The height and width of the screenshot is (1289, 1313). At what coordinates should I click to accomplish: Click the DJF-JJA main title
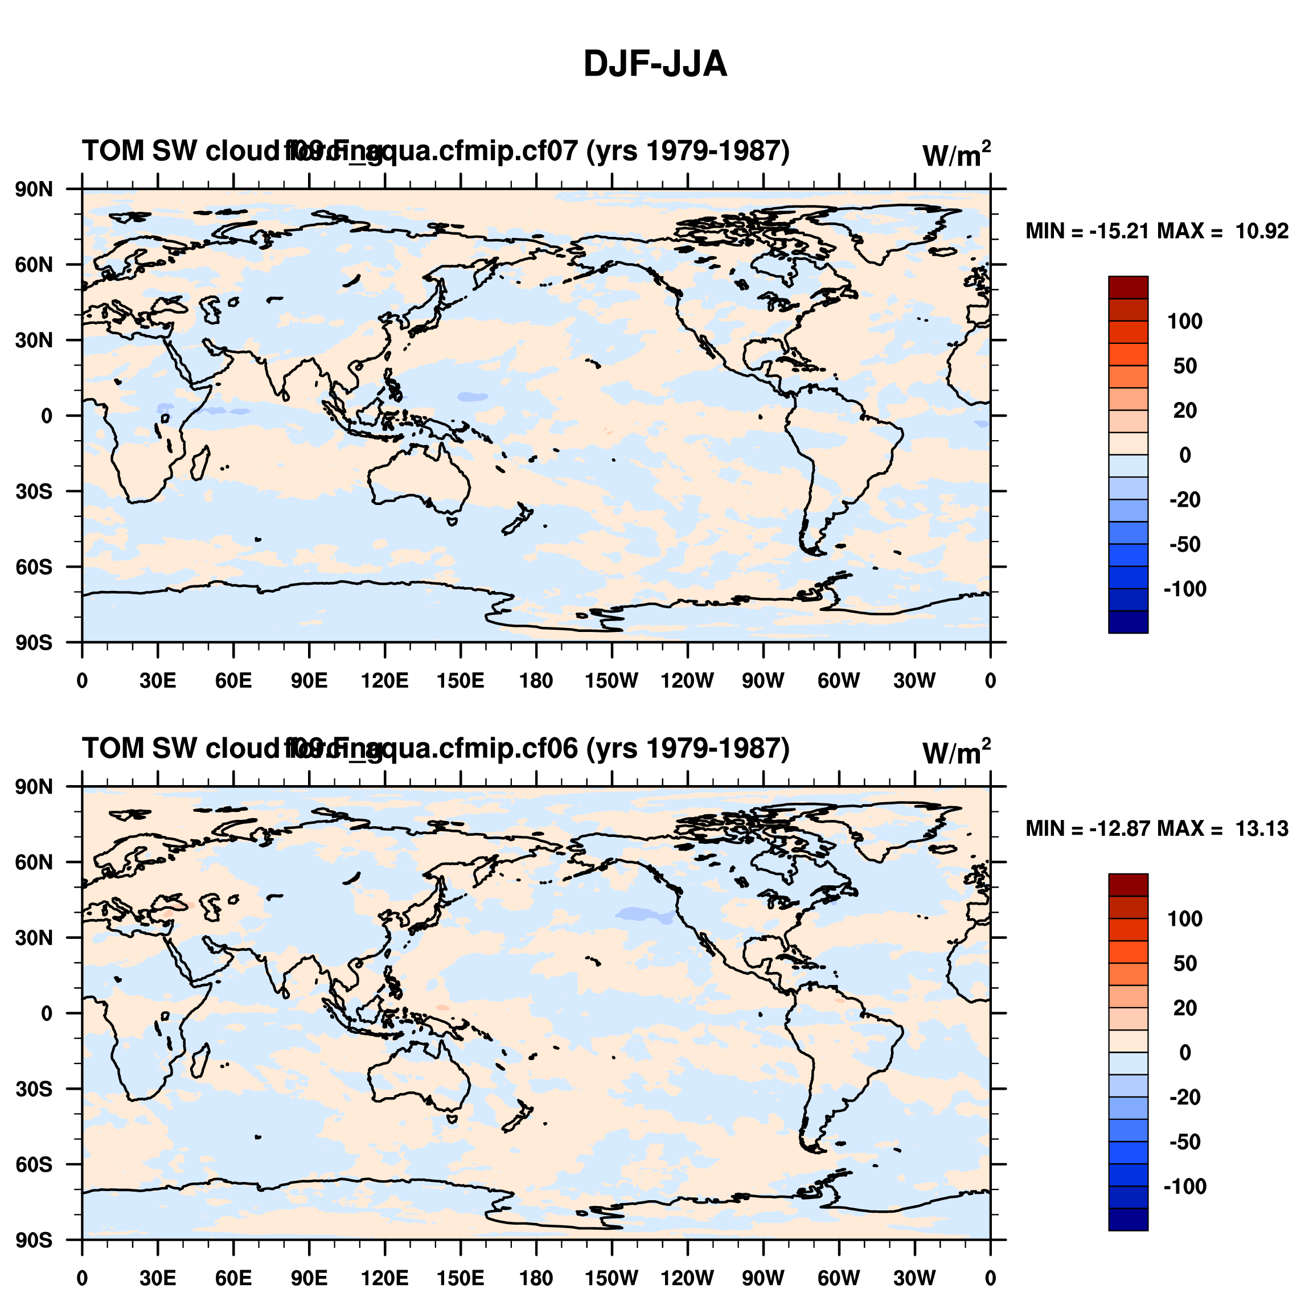pos(655,65)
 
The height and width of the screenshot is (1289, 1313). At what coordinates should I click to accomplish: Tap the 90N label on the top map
pos(34,190)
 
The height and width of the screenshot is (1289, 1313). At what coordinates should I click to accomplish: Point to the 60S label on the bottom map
pos(34,1164)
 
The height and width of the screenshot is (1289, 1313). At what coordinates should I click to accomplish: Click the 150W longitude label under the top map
pos(612,681)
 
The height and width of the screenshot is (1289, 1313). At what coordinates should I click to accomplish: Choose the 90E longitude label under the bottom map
pos(309,1278)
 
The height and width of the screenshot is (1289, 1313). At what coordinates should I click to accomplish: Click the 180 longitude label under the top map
pos(536,681)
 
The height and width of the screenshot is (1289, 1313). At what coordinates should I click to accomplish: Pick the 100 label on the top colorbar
pos(1184,322)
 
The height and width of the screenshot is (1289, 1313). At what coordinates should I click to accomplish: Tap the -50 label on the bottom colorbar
pos(1184,1142)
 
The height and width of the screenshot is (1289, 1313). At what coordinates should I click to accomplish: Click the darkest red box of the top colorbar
pos(1128,287)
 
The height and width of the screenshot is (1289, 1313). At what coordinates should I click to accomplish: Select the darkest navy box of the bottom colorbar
pos(1128,1220)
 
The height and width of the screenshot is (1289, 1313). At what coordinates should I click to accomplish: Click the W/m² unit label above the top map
pos(955,155)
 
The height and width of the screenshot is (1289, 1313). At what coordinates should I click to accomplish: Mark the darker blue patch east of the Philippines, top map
pos(473,397)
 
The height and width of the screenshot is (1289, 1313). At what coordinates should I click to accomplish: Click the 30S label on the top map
pos(34,491)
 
